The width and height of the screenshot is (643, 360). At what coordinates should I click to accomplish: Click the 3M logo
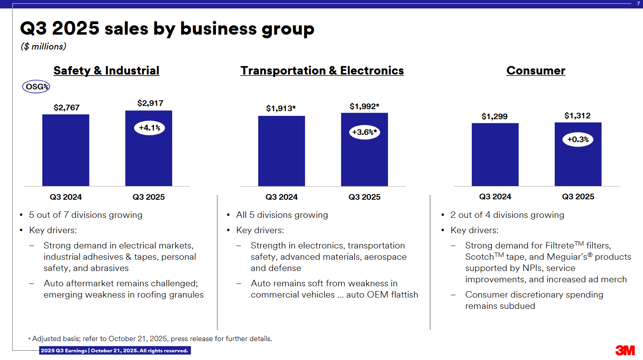(x=625, y=350)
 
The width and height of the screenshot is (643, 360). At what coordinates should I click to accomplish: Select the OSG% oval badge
(x=36, y=87)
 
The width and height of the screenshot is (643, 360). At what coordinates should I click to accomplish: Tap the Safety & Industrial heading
(x=106, y=70)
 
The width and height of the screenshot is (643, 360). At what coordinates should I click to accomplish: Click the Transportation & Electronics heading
(x=322, y=70)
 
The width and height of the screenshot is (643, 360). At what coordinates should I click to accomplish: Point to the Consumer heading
(x=535, y=70)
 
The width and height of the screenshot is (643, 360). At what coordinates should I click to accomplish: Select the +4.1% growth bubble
(x=149, y=128)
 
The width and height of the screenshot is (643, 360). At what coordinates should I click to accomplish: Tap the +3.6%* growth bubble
(x=364, y=132)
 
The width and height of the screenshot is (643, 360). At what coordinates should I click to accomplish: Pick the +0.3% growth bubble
(x=578, y=140)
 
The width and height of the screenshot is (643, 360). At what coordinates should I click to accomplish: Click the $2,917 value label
(x=150, y=103)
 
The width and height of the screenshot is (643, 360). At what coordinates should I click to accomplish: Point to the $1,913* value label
(x=281, y=108)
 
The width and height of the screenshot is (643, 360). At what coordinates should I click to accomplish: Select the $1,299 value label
(x=494, y=116)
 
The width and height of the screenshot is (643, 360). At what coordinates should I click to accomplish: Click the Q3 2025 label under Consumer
(x=578, y=197)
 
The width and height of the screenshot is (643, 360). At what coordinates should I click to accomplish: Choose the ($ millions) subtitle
(x=44, y=47)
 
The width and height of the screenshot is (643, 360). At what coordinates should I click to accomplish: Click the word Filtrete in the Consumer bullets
(x=559, y=246)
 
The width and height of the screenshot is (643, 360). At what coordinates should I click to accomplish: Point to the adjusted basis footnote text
(x=151, y=339)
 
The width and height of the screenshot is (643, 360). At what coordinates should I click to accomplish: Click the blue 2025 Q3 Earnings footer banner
(x=115, y=350)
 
